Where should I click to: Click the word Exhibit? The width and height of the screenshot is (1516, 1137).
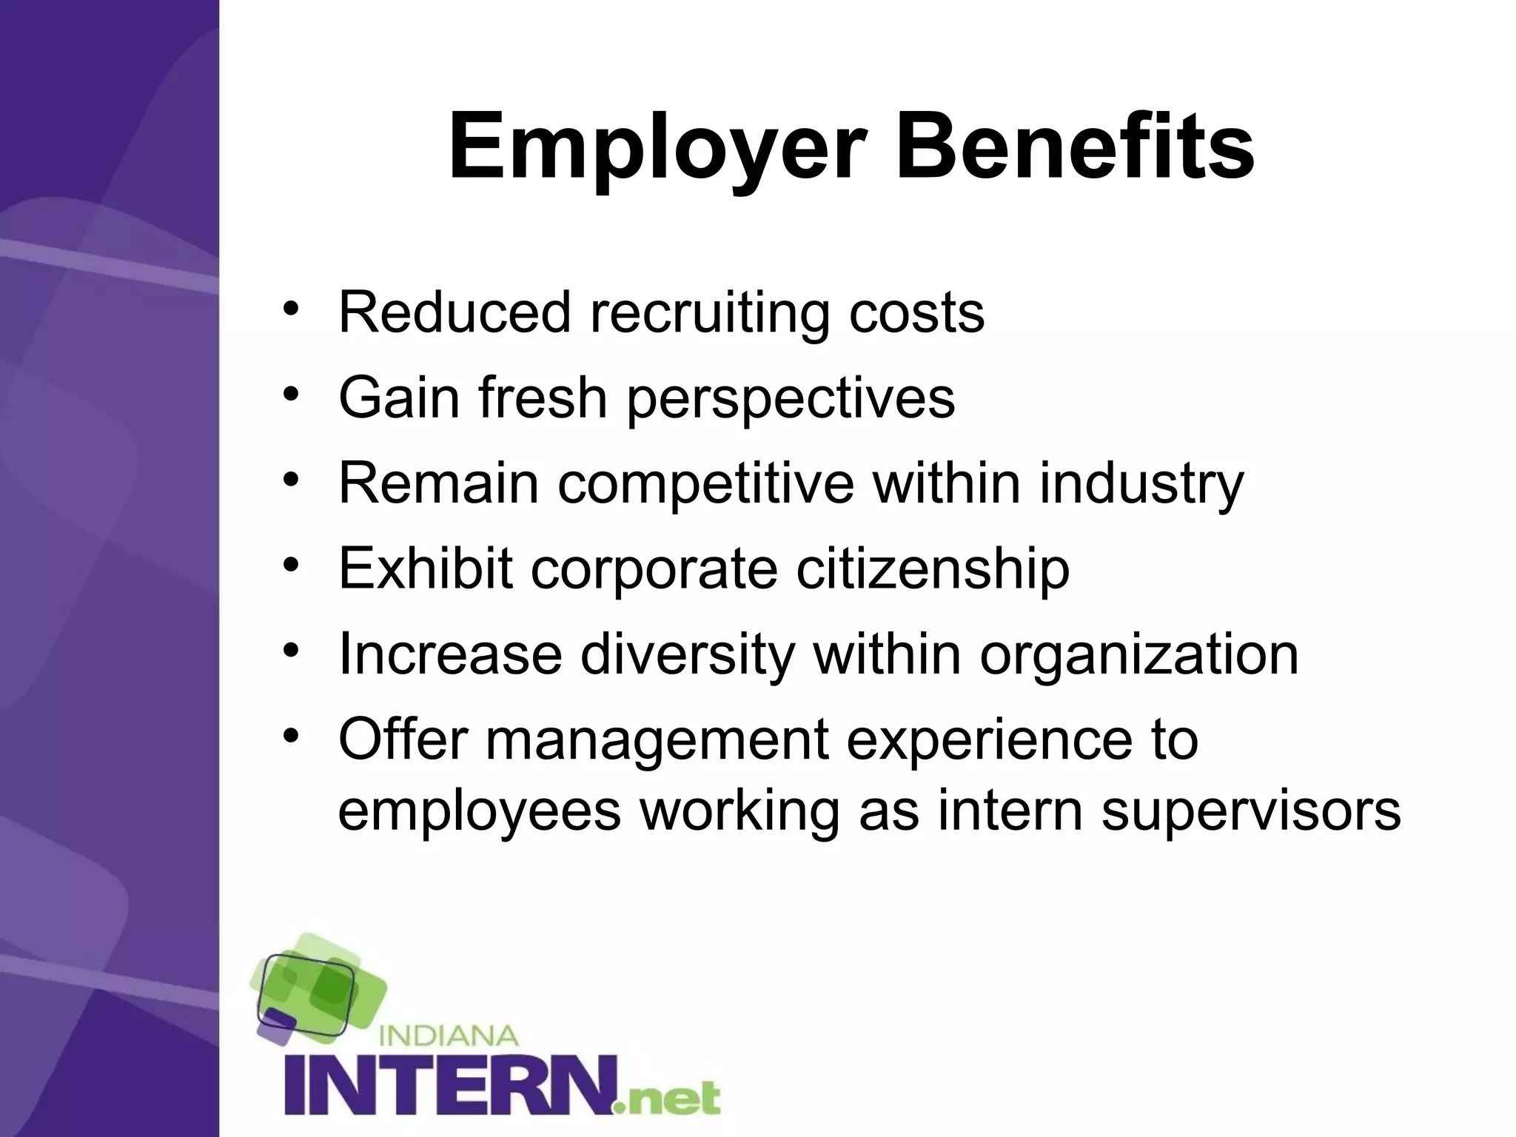425,568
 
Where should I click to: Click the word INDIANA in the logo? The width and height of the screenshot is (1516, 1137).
448,1035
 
